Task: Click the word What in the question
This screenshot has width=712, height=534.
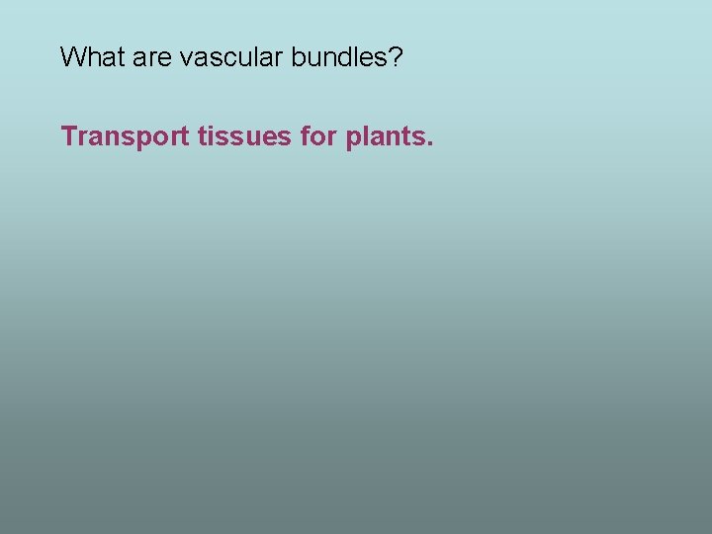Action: pyautogui.click(x=91, y=57)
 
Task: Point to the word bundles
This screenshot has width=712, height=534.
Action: pyautogui.click(x=339, y=57)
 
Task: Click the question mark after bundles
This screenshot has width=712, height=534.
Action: pyautogui.click(x=396, y=57)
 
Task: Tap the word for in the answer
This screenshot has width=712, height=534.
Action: pyautogui.click(x=317, y=136)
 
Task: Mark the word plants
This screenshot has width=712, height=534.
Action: pyautogui.click(x=384, y=136)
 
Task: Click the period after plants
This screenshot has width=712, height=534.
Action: pyautogui.click(x=429, y=143)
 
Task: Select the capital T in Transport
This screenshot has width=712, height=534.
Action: pyautogui.click(x=68, y=136)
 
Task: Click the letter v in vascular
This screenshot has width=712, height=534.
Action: pyautogui.click(x=186, y=59)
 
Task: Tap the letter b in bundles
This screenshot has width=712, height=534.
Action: pyautogui.click(x=298, y=57)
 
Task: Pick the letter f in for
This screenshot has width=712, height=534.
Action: pyautogui.click(x=304, y=136)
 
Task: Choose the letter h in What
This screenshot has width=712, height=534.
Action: pyautogui.click(x=91, y=57)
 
